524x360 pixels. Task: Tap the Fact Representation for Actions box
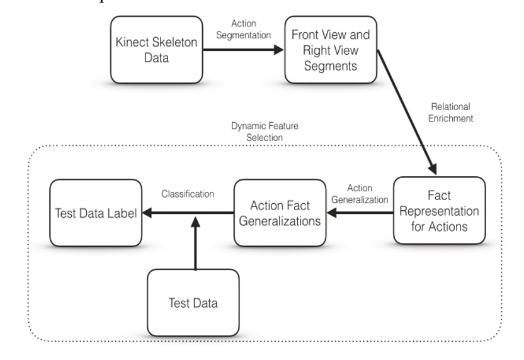pos(440,211)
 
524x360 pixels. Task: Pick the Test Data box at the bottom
pos(193,303)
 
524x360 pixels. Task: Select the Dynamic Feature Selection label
pos(265,131)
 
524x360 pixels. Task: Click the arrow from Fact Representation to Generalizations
pos(358,213)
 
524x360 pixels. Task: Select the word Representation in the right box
pos(440,211)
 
